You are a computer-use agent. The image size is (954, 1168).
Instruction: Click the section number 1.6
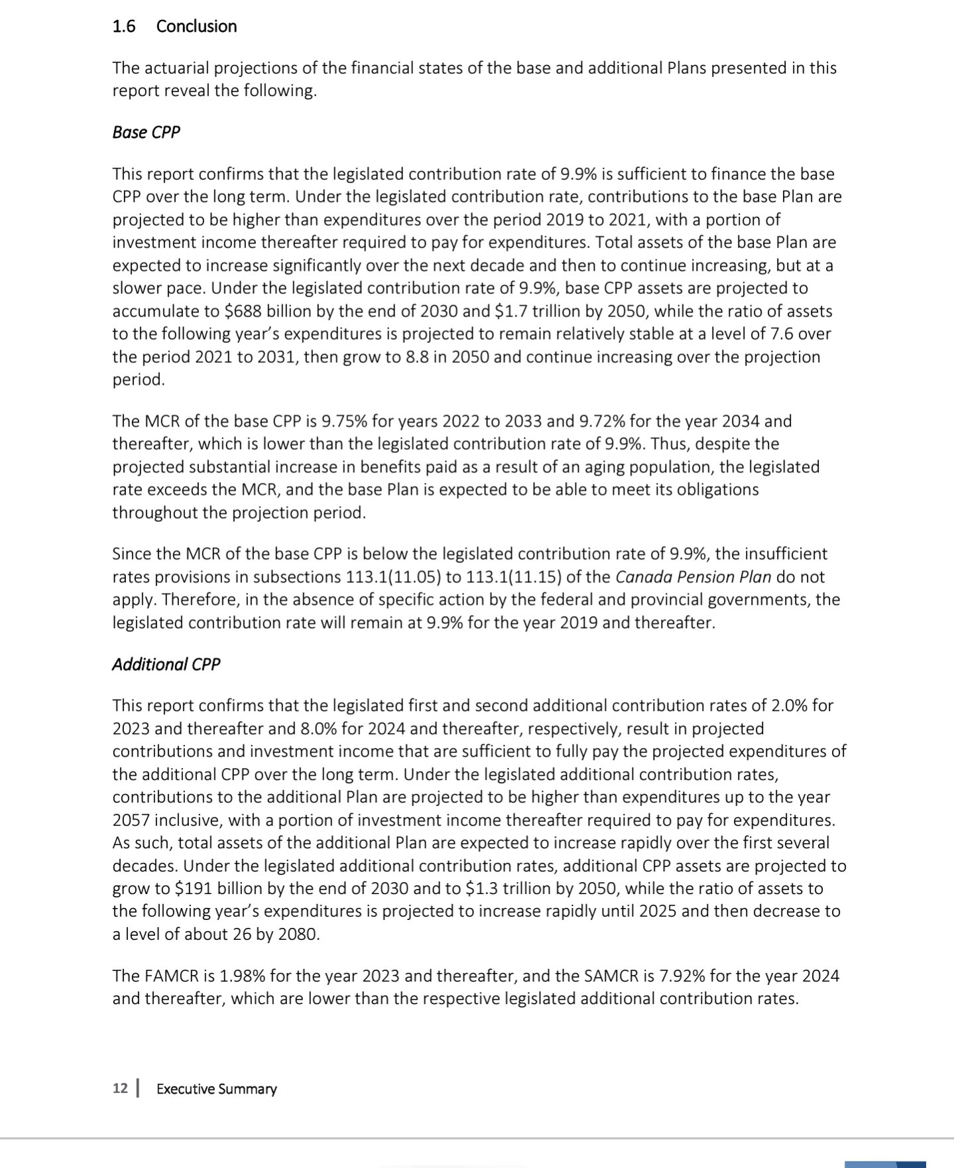coord(124,27)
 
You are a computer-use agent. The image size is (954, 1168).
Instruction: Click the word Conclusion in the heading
coord(196,27)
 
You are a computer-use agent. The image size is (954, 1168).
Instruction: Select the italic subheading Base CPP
coord(146,132)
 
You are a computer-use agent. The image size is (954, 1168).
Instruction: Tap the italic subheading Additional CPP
coord(166,665)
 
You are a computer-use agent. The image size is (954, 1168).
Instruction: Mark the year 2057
coord(131,820)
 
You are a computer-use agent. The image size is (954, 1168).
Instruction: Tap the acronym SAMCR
coord(616,976)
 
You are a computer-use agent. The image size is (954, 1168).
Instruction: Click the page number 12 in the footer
coord(120,1089)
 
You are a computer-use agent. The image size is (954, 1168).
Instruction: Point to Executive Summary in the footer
coord(216,1089)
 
